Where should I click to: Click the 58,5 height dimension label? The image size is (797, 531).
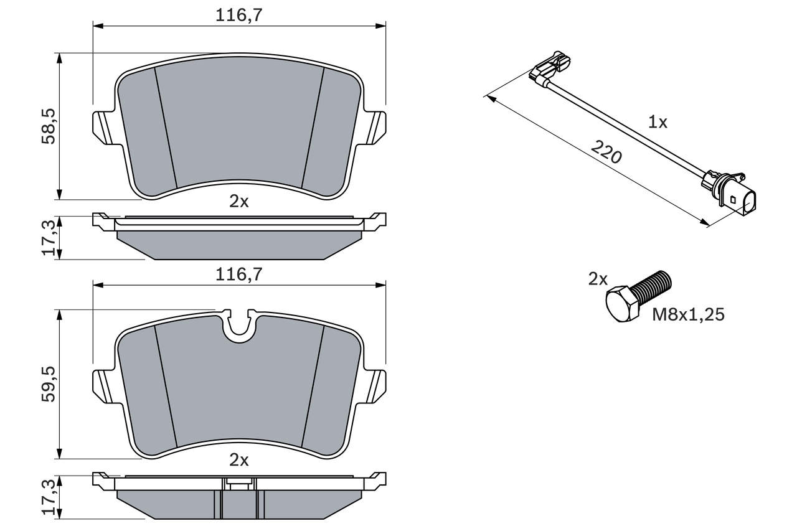point(49,126)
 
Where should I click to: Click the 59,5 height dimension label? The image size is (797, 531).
point(49,383)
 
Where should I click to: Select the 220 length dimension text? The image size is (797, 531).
point(606,152)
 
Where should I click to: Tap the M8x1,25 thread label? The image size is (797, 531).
point(688,315)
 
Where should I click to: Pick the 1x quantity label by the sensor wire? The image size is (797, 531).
point(658,122)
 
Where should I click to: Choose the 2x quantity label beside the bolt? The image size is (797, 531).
point(598,280)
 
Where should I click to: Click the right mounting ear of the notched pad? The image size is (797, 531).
point(375,386)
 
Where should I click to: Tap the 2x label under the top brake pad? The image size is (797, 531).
point(239,201)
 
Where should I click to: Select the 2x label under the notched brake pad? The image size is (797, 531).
point(239,460)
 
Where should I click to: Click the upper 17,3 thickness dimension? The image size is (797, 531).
point(49,237)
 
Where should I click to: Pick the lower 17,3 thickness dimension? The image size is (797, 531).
point(49,496)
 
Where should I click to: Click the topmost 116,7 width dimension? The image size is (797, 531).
point(239,16)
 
